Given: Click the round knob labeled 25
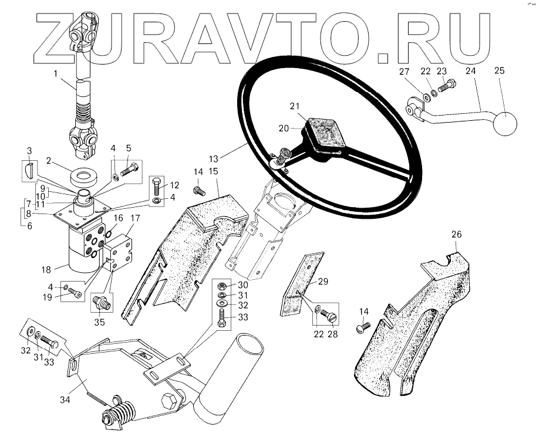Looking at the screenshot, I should (x=505, y=123).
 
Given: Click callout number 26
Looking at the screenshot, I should (x=456, y=235).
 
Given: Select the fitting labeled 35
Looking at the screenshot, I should (x=100, y=303).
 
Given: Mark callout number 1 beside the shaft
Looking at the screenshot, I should (x=55, y=74).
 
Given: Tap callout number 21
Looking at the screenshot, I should (x=294, y=106).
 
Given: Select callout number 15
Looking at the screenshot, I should (x=213, y=171).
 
